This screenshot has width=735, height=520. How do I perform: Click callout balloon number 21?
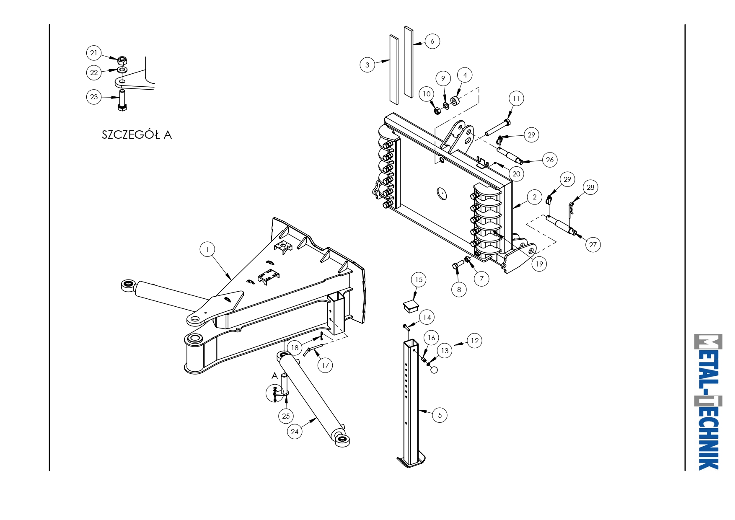(x=94, y=53)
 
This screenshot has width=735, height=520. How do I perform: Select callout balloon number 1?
(x=207, y=249)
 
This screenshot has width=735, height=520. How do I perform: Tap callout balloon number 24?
(x=295, y=432)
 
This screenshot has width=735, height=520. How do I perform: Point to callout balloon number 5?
(x=440, y=415)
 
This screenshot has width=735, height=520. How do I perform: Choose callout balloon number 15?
(x=419, y=279)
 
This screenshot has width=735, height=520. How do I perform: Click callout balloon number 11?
(x=516, y=98)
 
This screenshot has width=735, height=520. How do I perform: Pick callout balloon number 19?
(x=539, y=264)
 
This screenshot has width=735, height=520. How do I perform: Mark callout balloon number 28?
(x=590, y=187)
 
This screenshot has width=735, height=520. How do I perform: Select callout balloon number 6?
(x=432, y=41)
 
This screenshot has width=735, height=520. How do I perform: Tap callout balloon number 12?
(x=474, y=341)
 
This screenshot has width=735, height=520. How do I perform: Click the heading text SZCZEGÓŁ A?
(x=137, y=135)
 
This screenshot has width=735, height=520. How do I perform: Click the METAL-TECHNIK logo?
(x=709, y=402)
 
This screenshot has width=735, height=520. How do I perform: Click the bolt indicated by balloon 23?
(x=122, y=100)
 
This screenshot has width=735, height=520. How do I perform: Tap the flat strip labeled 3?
(x=394, y=70)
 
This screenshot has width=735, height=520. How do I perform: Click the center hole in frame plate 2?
(x=441, y=194)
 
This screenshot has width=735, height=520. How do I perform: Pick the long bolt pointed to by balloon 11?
(x=498, y=128)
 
